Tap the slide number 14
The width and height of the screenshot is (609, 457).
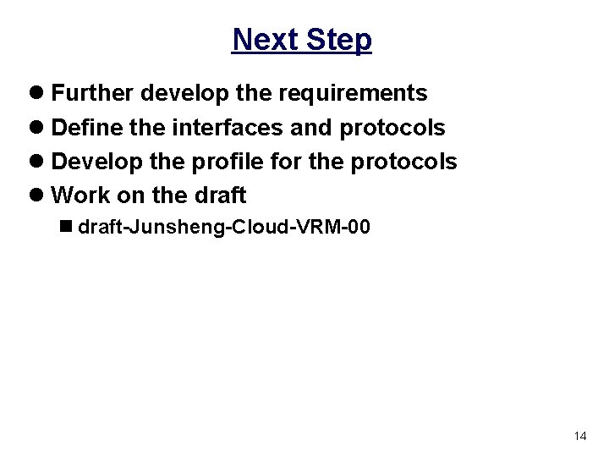[579, 436]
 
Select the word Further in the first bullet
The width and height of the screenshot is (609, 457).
[91, 92]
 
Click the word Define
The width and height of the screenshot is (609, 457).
[85, 127]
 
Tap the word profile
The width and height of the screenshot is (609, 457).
[223, 161]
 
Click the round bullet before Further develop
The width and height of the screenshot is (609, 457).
[40, 92]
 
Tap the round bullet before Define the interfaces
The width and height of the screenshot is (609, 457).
[40, 127]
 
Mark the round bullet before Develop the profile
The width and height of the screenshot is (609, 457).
[40, 162]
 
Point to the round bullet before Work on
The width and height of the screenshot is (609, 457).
[40, 195]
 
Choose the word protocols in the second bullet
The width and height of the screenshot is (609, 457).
[392, 127]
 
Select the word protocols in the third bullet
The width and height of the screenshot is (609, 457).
[403, 161]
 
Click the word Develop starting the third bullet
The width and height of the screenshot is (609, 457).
[92, 162]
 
